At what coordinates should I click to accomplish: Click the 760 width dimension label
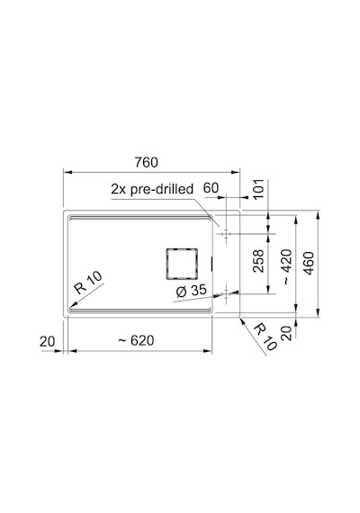pyautogui.click(x=147, y=162)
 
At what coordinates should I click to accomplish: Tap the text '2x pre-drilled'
pyautogui.click(x=152, y=189)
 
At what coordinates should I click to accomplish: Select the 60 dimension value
pyautogui.click(x=211, y=188)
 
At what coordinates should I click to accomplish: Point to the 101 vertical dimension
pyautogui.click(x=258, y=189)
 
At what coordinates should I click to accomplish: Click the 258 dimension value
pyautogui.click(x=258, y=261)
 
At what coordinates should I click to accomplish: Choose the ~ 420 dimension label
pyautogui.click(x=287, y=267)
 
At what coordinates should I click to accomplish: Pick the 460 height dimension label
pyautogui.click(x=309, y=263)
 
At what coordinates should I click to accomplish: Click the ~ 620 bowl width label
pyautogui.click(x=136, y=340)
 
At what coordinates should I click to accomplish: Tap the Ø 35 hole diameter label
pyautogui.click(x=191, y=291)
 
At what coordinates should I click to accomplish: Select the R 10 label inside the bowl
pyautogui.click(x=87, y=283)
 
